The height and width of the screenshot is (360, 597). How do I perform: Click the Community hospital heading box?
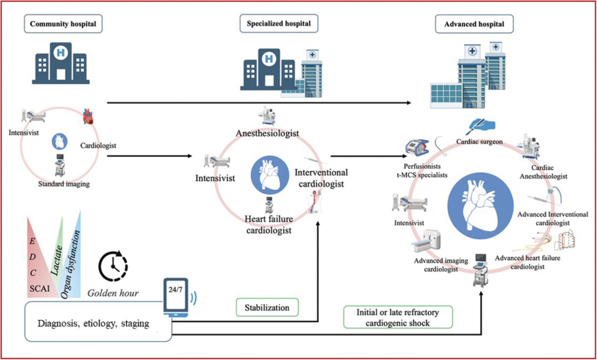[x=62, y=24]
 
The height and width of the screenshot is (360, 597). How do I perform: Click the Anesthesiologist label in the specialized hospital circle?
[x=268, y=133]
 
